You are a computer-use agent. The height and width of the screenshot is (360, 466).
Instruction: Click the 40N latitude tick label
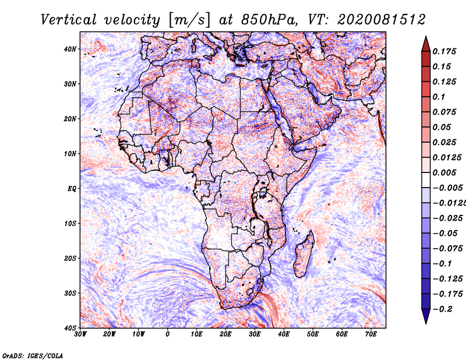(x=70, y=49)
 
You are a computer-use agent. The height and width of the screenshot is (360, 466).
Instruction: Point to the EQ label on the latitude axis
(x=72, y=189)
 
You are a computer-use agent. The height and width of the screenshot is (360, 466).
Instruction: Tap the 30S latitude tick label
(x=70, y=294)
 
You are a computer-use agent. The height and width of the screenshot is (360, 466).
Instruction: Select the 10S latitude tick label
(x=70, y=224)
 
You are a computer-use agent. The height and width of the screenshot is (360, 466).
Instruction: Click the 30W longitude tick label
(x=80, y=334)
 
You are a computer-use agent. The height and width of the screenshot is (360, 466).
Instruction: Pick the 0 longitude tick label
(x=168, y=334)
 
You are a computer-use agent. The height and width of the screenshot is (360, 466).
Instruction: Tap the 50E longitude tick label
(x=313, y=334)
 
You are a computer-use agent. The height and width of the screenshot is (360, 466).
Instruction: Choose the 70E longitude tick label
(x=370, y=334)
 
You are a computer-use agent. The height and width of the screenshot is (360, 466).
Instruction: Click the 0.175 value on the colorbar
(x=444, y=52)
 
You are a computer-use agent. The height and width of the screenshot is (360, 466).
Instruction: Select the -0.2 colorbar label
(x=443, y=309)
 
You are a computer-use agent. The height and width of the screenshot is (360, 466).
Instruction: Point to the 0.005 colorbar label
(x=444, y=172)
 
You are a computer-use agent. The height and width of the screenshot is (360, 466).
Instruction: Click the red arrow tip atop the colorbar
(x=426, y=37)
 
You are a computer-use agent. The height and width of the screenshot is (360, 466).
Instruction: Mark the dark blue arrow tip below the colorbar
(x=426, y=323)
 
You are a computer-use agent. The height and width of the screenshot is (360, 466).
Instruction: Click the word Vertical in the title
(x=69, y=20)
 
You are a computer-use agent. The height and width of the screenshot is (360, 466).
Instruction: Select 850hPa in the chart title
(x=269, y=20)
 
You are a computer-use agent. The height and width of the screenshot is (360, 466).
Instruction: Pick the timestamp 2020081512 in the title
(x=382, y=20)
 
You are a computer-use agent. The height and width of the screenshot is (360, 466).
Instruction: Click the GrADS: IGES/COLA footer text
(x=33, y=356)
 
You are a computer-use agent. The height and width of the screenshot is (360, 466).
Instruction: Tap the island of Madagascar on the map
(x=303, y=253)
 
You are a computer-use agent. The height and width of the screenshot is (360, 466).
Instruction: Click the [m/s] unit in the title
(x=189, y=20)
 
